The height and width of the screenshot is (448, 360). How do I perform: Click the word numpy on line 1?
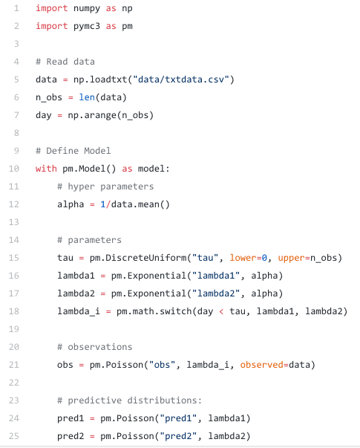(x=87, y=9)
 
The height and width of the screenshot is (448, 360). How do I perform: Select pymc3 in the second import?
(x=87, y=26)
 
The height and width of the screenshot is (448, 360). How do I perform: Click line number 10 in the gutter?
(x=13, y=169)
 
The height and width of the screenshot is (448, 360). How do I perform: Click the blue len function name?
(x=87, y=97)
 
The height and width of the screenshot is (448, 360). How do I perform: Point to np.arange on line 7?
(x=92, y=115)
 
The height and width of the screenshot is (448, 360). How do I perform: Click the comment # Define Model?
(x=73, y=151)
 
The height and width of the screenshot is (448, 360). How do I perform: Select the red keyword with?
(x=46, y=169)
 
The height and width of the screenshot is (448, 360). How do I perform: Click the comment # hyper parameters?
(x=105, y=186)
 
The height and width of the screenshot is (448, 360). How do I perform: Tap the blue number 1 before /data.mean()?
(x=103, y=204)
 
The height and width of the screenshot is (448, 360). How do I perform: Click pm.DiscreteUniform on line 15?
(x=138, y=258)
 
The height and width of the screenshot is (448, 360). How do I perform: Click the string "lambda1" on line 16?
(x=216, y=276)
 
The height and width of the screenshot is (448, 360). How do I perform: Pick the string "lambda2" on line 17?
(x=216, y=293)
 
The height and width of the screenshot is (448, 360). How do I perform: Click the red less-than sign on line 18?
(x=221, y=311)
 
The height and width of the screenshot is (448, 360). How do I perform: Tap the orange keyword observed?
(x=261, y=365)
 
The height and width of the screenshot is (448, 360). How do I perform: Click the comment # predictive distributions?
(x=129, y=400)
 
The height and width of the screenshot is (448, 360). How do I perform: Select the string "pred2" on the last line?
(x=178, y=436)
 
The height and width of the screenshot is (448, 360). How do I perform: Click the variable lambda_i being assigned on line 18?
(x=79, y=311)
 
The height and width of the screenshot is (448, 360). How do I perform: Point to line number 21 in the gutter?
(x=13, y=365)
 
